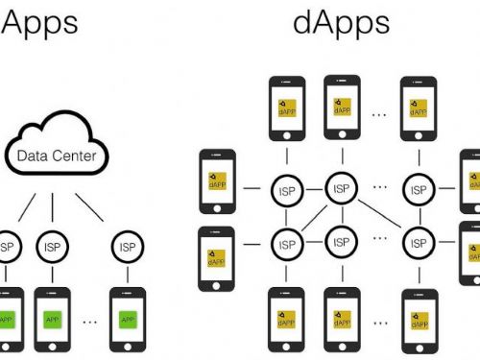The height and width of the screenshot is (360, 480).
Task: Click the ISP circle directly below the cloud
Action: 52,247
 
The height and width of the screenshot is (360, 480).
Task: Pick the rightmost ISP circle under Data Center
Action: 129,247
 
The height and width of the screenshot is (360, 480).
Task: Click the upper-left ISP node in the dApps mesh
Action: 286,190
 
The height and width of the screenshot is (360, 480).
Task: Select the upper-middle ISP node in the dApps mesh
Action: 341,189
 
